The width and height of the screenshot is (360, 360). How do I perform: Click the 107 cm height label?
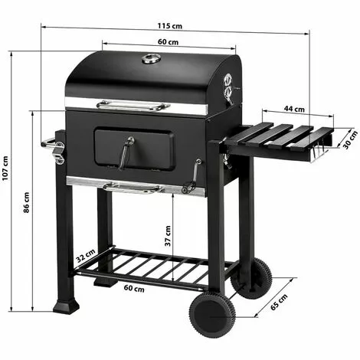click(7, 170)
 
